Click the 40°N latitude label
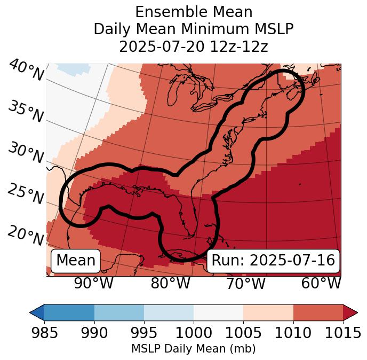pyautogui.click(x=26, y=71)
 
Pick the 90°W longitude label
pyautogui.click(x=93, y=283)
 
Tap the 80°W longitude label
pyautogui.click(x=170, y=283)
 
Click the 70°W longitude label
pyautogui.click(x=245, y=283)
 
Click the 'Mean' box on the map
pyautogui.click(x=76, y=261)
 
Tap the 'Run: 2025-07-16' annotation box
pyautogui.click(x=273, y=261)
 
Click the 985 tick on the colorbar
pyautogui.click(x=44, y=333)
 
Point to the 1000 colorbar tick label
pyautogui.click(x=194, y=333)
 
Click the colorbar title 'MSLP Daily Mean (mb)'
pyautogui.click(x=193, y=349)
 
